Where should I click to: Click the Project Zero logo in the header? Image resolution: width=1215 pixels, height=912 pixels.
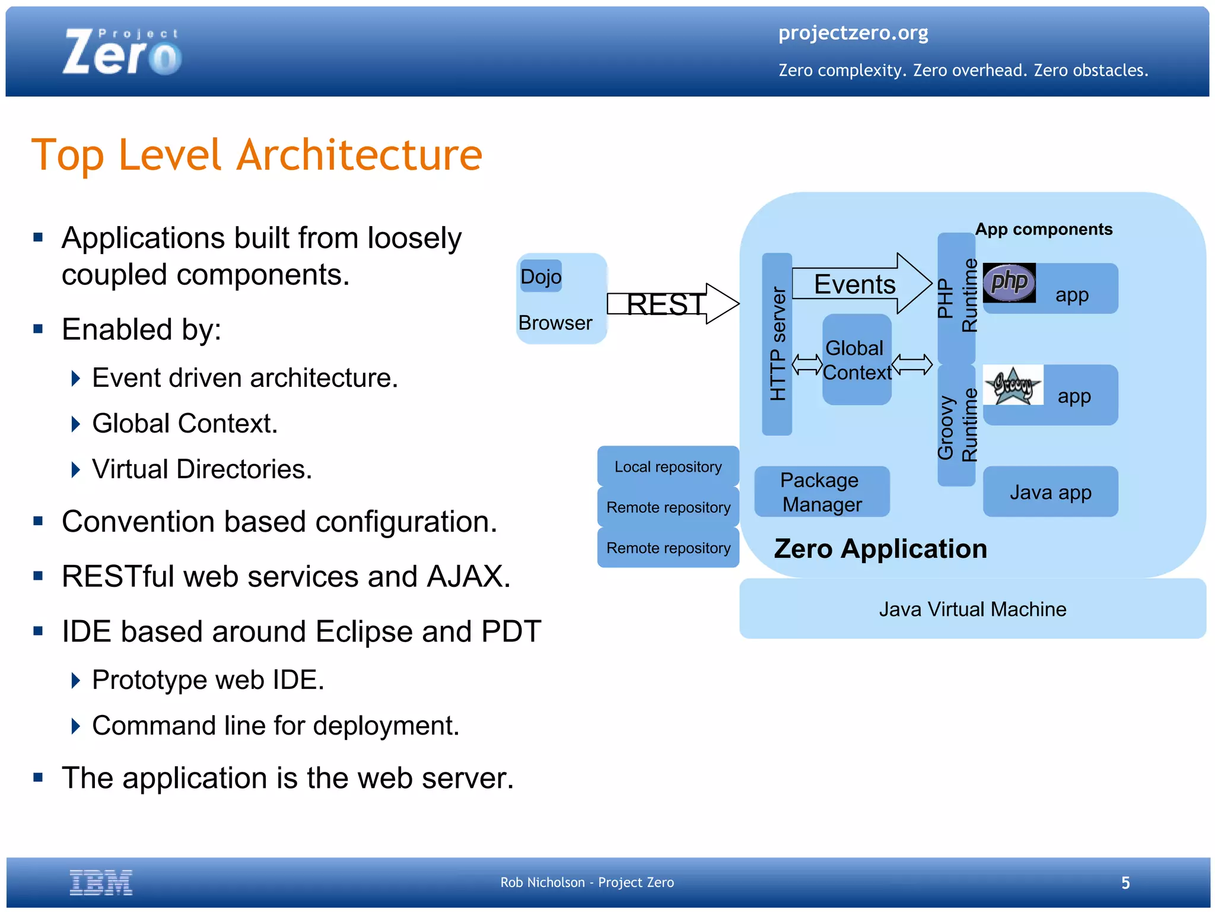coord(122,52)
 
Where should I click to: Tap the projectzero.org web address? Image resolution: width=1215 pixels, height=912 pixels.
coord(853,33)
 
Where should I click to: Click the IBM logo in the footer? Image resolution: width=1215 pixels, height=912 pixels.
coord(101,882)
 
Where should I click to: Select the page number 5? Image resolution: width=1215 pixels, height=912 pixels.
coord(1125,883)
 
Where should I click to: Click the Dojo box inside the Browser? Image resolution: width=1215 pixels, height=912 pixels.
coord(540,277)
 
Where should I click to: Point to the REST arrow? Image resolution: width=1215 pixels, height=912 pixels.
coord(673,304)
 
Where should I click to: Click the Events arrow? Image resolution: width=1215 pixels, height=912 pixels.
coord(860,284)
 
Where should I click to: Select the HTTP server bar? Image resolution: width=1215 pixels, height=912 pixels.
coord(777,344)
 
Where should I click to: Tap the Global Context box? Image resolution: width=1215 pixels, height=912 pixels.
coord(857,360)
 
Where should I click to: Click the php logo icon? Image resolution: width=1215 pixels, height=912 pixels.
coord(1009,282)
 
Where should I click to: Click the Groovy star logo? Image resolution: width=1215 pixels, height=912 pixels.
coord(1013,386)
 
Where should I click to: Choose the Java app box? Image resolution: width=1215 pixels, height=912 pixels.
coord(1050,492)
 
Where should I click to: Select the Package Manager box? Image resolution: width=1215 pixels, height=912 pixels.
coord(822,492)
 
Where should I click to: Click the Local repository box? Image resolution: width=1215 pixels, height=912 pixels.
coord(668,466)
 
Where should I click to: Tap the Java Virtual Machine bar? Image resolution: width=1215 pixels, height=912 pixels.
coord(972,609)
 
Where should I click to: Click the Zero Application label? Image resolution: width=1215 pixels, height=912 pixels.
coord(880,548)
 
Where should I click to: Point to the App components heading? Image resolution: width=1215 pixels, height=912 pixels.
coord(1043,229)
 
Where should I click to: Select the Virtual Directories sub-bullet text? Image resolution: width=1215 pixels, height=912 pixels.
coord(202,469)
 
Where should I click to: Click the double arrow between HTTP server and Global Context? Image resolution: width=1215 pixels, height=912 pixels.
coord(807,364)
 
